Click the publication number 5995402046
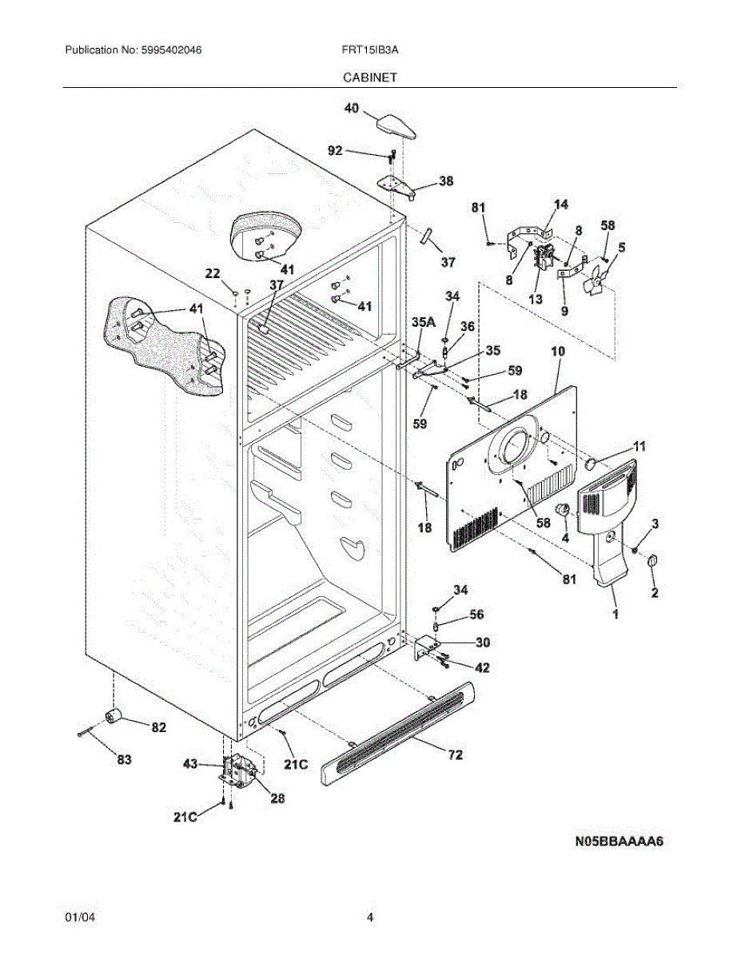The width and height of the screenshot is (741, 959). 171,50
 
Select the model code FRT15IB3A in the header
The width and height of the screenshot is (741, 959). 370,50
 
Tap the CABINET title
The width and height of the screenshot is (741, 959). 370,78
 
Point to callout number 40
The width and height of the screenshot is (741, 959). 352,108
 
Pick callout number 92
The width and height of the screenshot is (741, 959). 336,150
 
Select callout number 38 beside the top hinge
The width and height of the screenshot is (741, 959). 446,181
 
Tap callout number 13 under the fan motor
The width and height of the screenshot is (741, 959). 536,299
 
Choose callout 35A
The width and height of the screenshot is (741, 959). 424,322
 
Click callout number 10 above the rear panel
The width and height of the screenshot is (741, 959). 558,352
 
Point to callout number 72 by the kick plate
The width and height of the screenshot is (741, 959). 456,754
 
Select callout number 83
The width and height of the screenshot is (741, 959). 124,759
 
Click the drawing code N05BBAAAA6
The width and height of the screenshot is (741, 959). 619,841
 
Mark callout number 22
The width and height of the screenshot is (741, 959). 213,273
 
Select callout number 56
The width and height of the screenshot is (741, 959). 476,615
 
